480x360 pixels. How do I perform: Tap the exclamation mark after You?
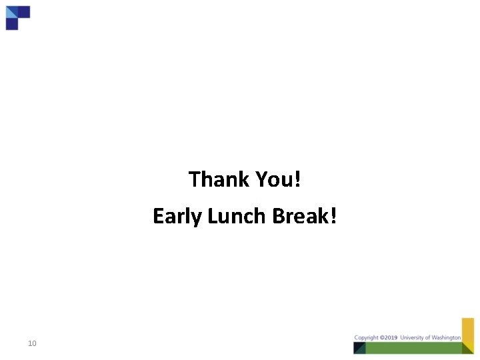click(x=297, y=179)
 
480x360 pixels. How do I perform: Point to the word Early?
click(x=177, y=217)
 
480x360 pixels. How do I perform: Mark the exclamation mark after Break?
click(x=333, y=216)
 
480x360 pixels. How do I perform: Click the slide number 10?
click(x=32, y=344)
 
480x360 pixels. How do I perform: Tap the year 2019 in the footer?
click(x=389, y=337)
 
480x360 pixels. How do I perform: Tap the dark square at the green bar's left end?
click(x=359, y=347)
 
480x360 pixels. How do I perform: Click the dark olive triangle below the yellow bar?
click(x=468, y=347)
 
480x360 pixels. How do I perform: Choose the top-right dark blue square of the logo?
click(x=23, y=11)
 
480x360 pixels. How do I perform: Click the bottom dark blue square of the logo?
click(x=11, y=24)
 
